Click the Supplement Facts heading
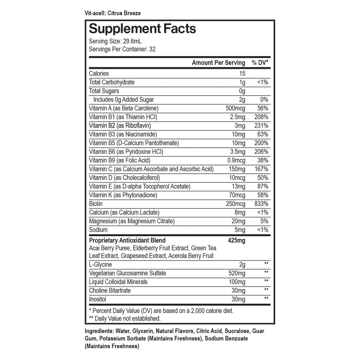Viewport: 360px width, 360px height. (x=142, y=28)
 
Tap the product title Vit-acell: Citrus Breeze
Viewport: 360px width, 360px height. (x=113, y=13)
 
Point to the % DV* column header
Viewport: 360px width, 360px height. (x=260, y=62)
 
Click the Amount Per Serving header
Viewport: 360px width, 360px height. (x=218, y=62)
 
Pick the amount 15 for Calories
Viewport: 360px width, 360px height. (x=242, y=73)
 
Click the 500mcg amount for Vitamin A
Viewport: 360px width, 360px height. (x=235, y=108)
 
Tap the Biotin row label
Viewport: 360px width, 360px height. (x=96, y=204)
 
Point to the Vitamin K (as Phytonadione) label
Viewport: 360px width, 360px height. (x=123, y=195)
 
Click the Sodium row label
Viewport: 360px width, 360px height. (x=98, y=230)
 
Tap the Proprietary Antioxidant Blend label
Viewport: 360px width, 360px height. (x=127, y=240)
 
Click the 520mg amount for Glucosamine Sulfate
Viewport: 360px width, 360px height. (x=237, y=273)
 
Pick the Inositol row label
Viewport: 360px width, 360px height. (x=98, y=299)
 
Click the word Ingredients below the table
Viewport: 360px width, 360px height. (x=99, y=331)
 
